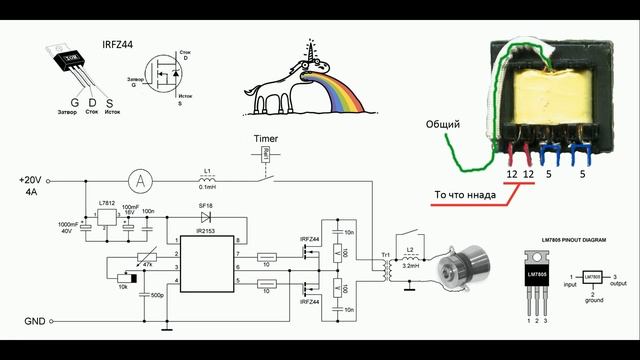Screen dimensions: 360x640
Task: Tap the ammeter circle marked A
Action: [x=142, y=180]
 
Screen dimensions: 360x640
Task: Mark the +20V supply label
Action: [x=32, y=179]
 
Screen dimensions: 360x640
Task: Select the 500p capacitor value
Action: [x=157, y=296]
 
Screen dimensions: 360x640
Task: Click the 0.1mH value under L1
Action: [x=209, y=187]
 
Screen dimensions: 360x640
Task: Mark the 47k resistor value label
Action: [x=150, y=263]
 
